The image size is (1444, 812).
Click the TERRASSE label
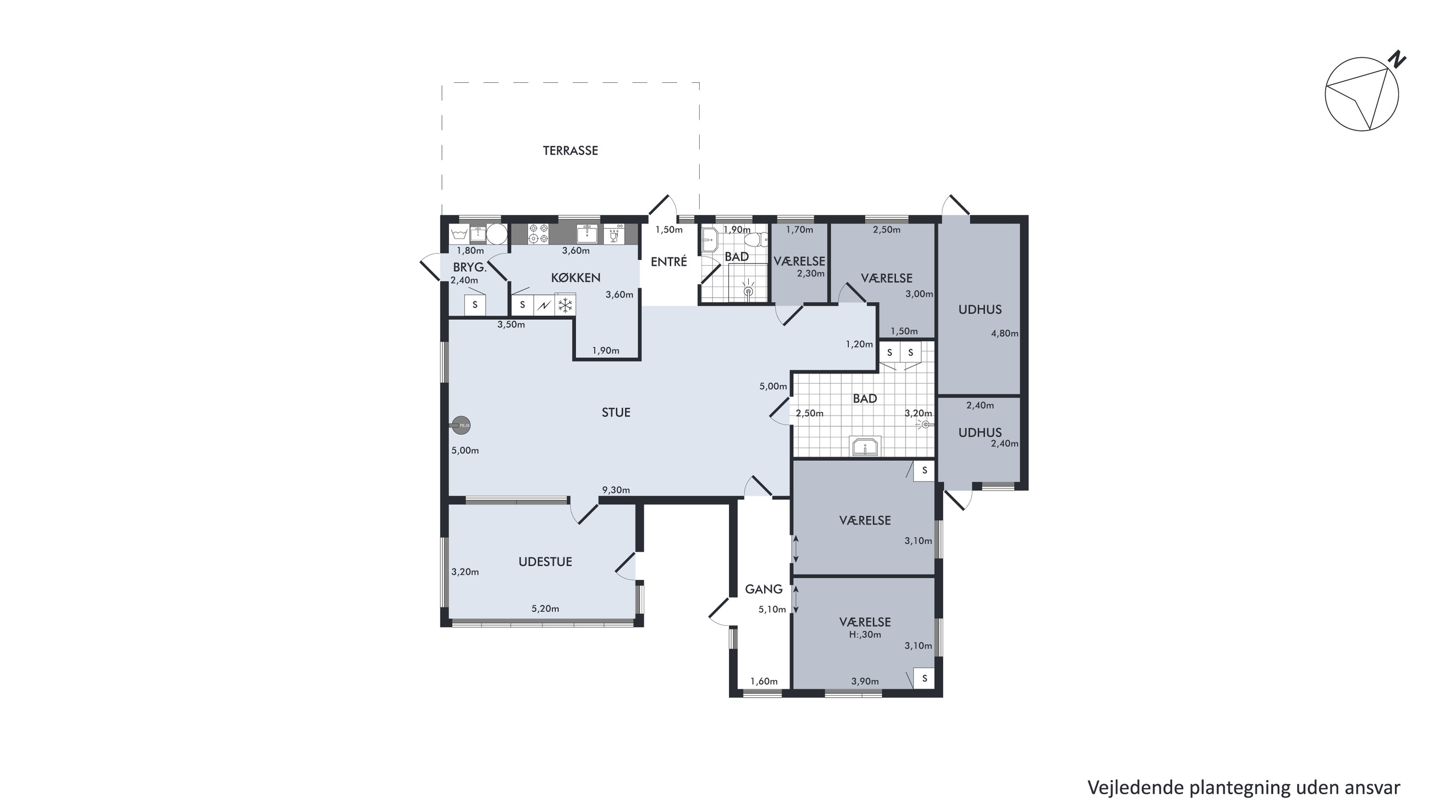click(570, 150)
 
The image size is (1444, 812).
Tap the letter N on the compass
click(1399, 59)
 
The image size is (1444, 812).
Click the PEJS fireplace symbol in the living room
click(461, 426)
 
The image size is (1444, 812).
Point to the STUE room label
click(616, 413)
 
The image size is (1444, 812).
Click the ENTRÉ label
click(669, 262)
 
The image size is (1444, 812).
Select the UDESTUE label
click(545, 562)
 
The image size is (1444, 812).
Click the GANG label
click(764, 589)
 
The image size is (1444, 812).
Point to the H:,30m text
click(865, 635)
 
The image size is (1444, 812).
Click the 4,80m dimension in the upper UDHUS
click(1004, 333)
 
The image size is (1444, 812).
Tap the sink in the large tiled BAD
click(866, 446)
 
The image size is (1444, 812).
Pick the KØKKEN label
click(576, 277)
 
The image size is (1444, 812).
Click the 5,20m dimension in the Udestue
click(546, 608)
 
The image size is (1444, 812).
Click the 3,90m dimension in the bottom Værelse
click(865, 681)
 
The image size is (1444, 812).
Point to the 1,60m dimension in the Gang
click(764, 681)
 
